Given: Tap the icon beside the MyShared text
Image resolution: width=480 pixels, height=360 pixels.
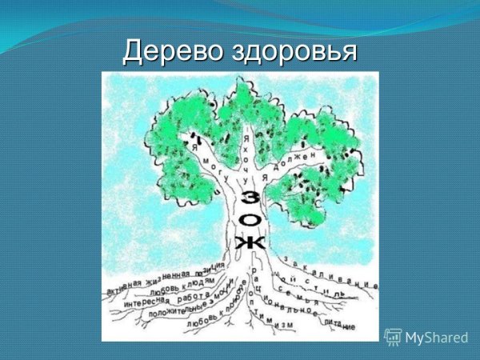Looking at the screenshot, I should click(393, 337).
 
